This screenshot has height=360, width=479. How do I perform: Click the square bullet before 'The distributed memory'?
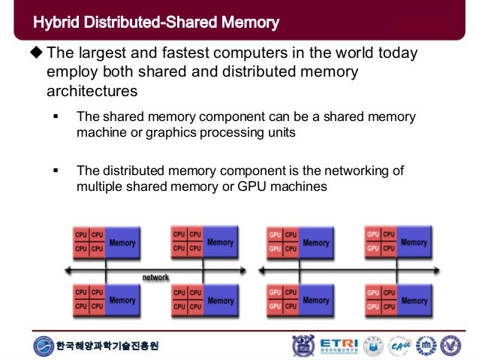(x=56, y=171)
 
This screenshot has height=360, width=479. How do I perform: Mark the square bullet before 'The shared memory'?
(x=56, y=117)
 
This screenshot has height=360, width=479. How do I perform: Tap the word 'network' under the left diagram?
(x=155, y=277)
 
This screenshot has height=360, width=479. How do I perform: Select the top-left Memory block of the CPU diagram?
(x=122, y=244)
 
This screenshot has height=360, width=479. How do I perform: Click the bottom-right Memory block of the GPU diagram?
(x=414, y=301)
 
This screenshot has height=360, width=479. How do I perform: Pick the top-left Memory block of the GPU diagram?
(x=316, y=244)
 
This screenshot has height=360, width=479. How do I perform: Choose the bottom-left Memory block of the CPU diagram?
(x=122, y=301)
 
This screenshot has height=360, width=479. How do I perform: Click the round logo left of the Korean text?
(x=44, y=346)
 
